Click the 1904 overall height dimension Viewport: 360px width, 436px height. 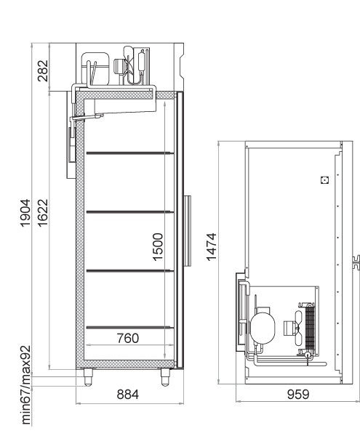pyautogui.click(x=25, y=213)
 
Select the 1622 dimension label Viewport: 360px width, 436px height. pyautogui.click(x=43, y=213)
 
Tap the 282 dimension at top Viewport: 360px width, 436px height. pyautogui.click(x=43, y=71)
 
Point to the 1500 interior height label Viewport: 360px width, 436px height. pyautogui.click(x=158, y=247)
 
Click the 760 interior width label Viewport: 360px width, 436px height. pyautogui.click(x=128, y=338)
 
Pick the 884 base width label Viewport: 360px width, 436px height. pyautogui.click(x=128, y=395)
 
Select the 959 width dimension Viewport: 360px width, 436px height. pyautogui.click(x=298, y=395)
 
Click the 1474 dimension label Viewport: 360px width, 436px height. pyautogui.click(x=212, y=247)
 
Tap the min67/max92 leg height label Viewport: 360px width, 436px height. pyautogui.click(x=25, y=385)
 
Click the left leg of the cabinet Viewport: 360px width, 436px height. pyautogui.click(x=88, y=377)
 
